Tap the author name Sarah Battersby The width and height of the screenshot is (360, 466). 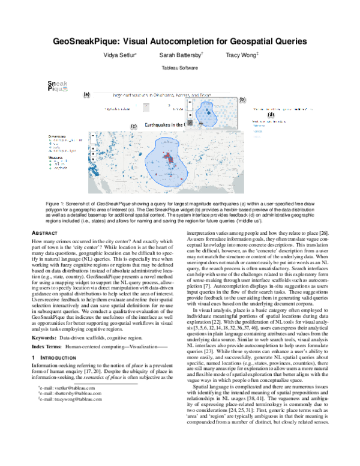tap(179, 55)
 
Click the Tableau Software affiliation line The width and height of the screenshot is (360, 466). tap(179, 68)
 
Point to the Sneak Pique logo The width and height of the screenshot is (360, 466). tap(58, 86)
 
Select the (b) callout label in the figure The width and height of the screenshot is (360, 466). tap(242, 99)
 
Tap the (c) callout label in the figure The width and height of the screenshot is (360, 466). tap(133, 126)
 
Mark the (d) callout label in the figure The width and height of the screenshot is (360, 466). tap(271, 114)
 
